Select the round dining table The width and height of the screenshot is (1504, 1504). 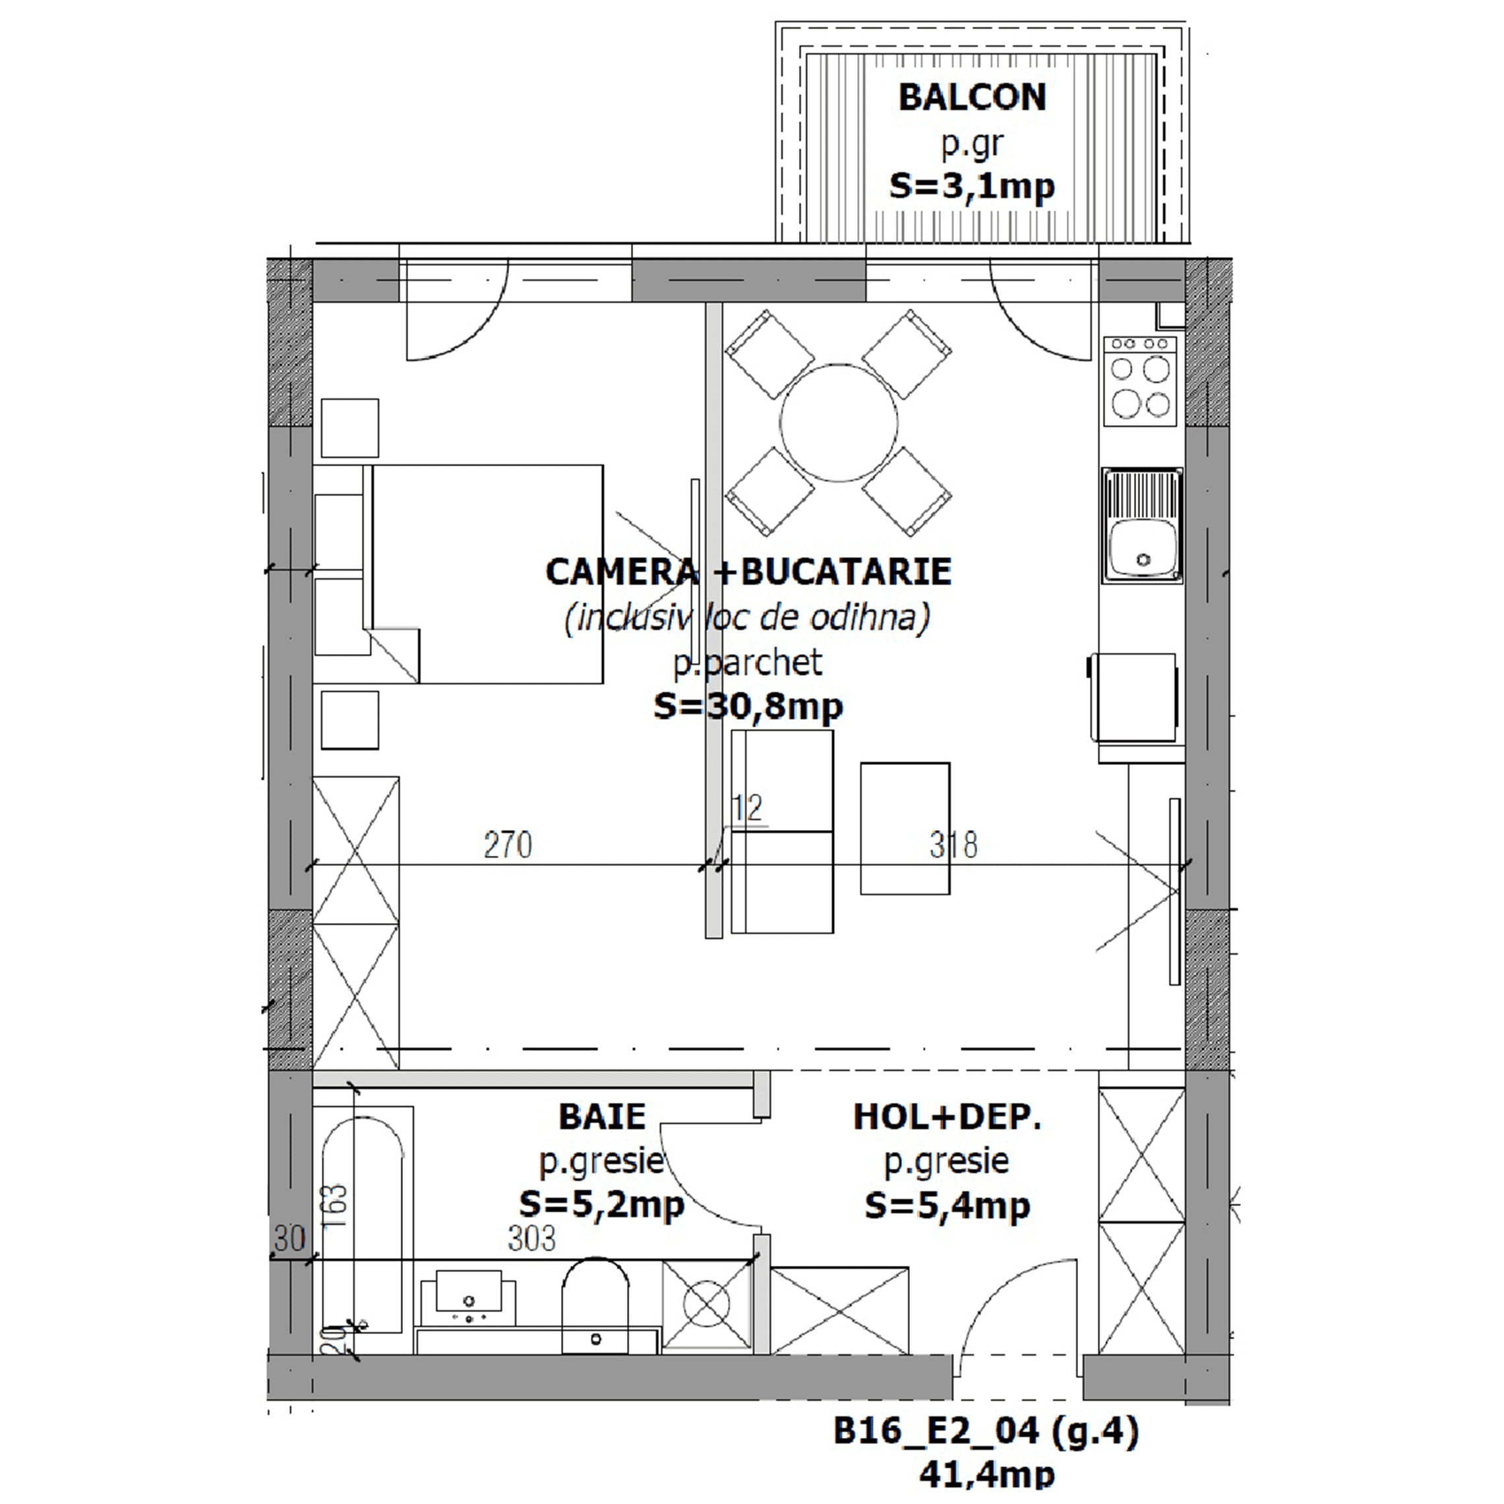tap(839, 423)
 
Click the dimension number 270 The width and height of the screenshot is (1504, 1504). tap(508, 845)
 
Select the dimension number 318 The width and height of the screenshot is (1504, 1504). tap(953, 845)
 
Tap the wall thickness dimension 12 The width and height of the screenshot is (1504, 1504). tap(746, 807)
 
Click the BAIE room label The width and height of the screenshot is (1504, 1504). tap(602, 1117)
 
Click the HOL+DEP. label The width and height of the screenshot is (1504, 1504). tap(947, 1117)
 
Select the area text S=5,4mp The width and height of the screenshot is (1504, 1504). tap(948, 1206)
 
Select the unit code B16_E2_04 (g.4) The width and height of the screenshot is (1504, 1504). tap(986, 1431)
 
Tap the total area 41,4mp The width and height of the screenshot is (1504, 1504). tap(987, 1474)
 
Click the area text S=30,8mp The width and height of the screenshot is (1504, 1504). tap(748, 706)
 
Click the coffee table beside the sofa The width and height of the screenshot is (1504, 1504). tap(905, 828)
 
